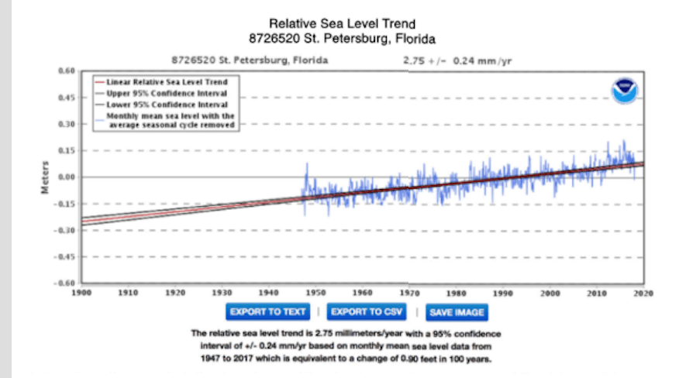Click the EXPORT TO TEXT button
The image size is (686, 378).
click(267, 312)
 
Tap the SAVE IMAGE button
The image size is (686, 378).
click(458, 312)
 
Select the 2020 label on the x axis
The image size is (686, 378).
click(643, 293)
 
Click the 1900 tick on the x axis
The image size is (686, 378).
click(81, 293)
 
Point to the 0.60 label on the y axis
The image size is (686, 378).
click(66, 71)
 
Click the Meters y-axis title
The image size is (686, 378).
click(47, 177)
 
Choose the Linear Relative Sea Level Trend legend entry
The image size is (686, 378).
click(162, 81)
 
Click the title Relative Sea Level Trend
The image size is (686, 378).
click(342, 24)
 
